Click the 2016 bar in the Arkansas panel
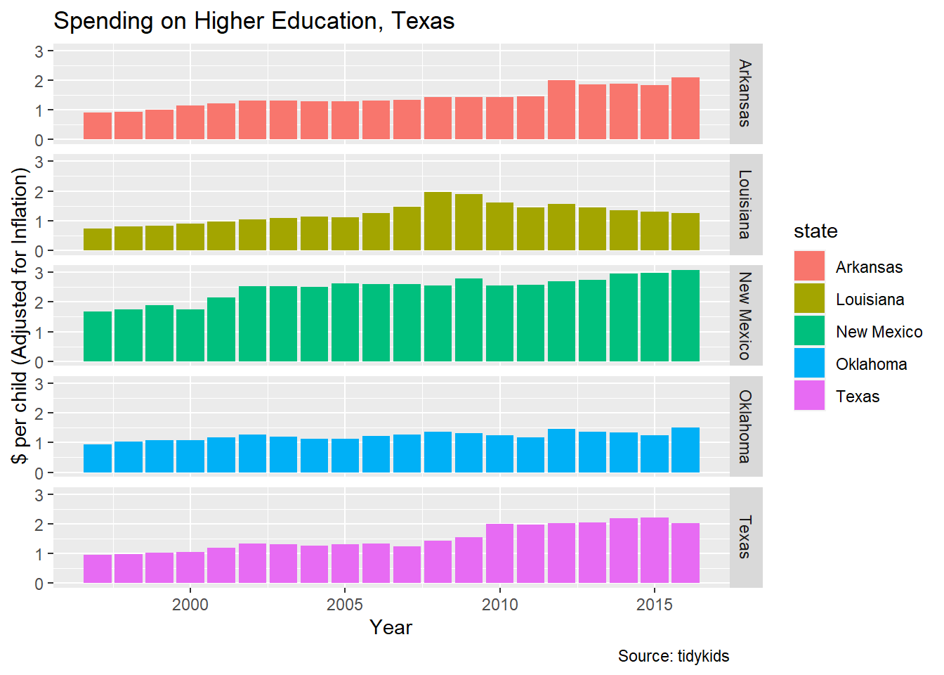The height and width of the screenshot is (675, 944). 685,108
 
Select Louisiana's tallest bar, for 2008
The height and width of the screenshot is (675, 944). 438,221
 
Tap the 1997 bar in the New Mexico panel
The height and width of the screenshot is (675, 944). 98,337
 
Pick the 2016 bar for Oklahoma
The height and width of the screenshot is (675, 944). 685,450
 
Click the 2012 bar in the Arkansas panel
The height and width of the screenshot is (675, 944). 561,110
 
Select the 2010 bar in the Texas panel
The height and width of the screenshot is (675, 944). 499,553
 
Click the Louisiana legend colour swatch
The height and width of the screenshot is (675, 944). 809,299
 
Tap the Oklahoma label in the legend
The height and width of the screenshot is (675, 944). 871,364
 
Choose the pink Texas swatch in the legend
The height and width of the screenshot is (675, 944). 809,396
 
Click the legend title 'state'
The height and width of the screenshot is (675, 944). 815,231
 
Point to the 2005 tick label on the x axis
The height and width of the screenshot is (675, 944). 345,605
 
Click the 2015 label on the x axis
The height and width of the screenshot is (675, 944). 654,605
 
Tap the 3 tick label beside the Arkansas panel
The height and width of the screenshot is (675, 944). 39,51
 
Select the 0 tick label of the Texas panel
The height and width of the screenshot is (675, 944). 39,584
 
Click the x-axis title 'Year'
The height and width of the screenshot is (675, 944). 391,627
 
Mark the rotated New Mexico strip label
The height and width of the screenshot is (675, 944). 745,316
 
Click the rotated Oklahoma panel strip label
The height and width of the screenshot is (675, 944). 745,427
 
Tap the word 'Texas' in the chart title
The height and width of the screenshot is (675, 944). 423,21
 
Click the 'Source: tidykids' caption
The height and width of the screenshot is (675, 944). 673,656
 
